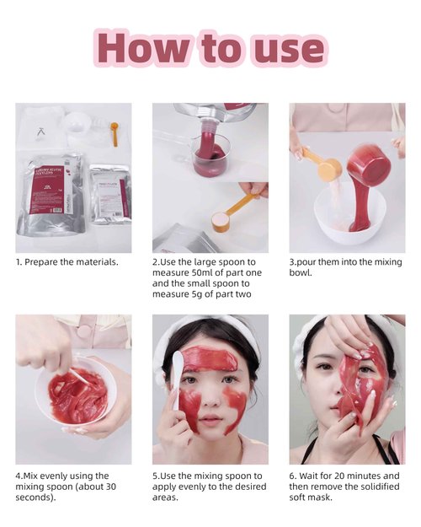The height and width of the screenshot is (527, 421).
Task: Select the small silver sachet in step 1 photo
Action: pos(109,193)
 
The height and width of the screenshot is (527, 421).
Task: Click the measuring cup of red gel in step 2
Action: pos(210,155)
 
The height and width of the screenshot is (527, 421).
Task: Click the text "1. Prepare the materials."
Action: pos(67,262)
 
